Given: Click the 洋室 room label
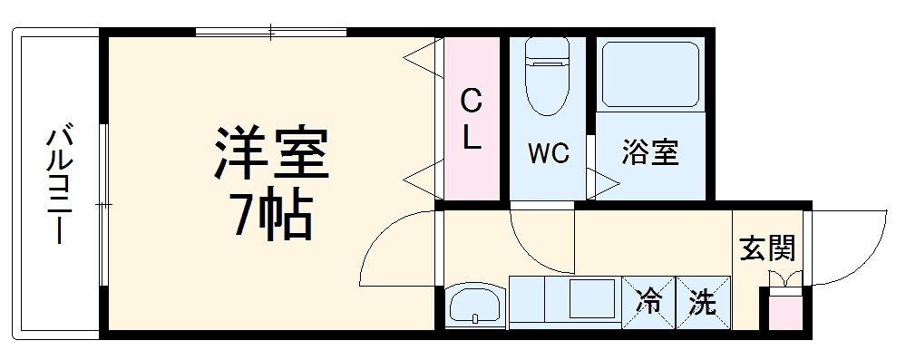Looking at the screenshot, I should tap(270, 153).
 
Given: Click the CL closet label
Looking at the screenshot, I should tap(471, 118).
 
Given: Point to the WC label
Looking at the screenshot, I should tap(549, 153).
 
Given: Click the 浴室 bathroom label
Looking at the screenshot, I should tap(649, 153).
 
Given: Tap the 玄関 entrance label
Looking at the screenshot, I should tap(767, 246).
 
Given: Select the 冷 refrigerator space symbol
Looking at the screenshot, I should tap(648, 302).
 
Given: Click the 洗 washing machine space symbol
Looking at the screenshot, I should tap(703, 302).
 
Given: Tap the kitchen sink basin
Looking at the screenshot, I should tap(473, 304).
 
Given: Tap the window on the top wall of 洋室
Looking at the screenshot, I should tap(270, 34).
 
